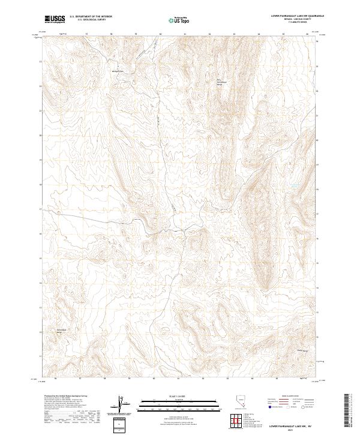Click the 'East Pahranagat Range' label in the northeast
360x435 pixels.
click(x=219, y=82)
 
